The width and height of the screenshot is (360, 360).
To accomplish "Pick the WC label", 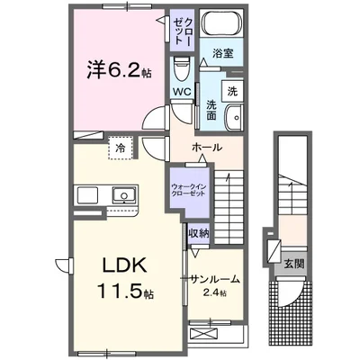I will point(183,90).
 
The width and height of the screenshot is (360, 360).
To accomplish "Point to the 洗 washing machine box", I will point(231,91).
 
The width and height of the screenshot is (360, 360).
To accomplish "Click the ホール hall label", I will point(208,147).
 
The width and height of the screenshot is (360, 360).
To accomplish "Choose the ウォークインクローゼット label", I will point(185,190).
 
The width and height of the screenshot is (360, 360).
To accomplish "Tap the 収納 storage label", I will point(198,233).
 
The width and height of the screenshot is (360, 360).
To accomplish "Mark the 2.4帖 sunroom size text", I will point(215,293).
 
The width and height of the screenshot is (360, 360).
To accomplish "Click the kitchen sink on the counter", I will point(120,195).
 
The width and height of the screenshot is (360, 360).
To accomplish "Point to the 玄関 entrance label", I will point(294,265).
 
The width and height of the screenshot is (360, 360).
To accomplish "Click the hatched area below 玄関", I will point(294,310).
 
